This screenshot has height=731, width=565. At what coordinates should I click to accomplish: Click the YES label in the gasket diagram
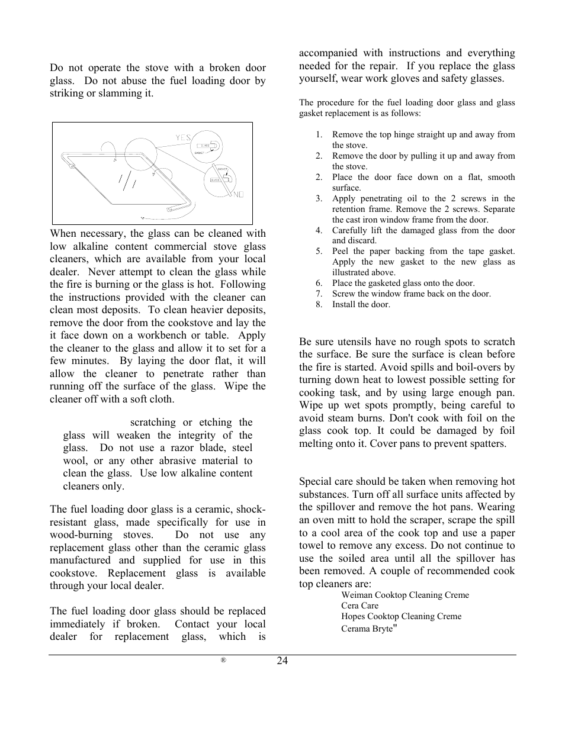(x=183, y=138)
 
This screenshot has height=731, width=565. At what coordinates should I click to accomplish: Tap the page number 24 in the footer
(x=282, y=661)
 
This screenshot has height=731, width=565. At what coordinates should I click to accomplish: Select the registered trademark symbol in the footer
(x=224, y=661)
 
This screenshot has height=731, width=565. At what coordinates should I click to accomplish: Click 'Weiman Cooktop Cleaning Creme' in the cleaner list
(x=405, y=595)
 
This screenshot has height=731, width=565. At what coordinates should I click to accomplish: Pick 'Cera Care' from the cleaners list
(x=359, y=606)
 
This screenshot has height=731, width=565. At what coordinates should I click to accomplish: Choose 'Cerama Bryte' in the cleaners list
(x=367, y=628)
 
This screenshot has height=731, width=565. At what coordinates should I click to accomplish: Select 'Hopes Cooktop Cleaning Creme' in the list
(x=401, y=616)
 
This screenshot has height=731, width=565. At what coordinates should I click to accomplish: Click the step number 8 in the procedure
(x=319, y=305)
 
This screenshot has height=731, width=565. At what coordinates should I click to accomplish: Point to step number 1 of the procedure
(x=319, y=135)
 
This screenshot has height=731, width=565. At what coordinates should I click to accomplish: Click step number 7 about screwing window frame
(x=319, y=294)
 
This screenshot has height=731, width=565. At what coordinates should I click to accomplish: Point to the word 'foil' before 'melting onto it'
(x=506, y=431)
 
